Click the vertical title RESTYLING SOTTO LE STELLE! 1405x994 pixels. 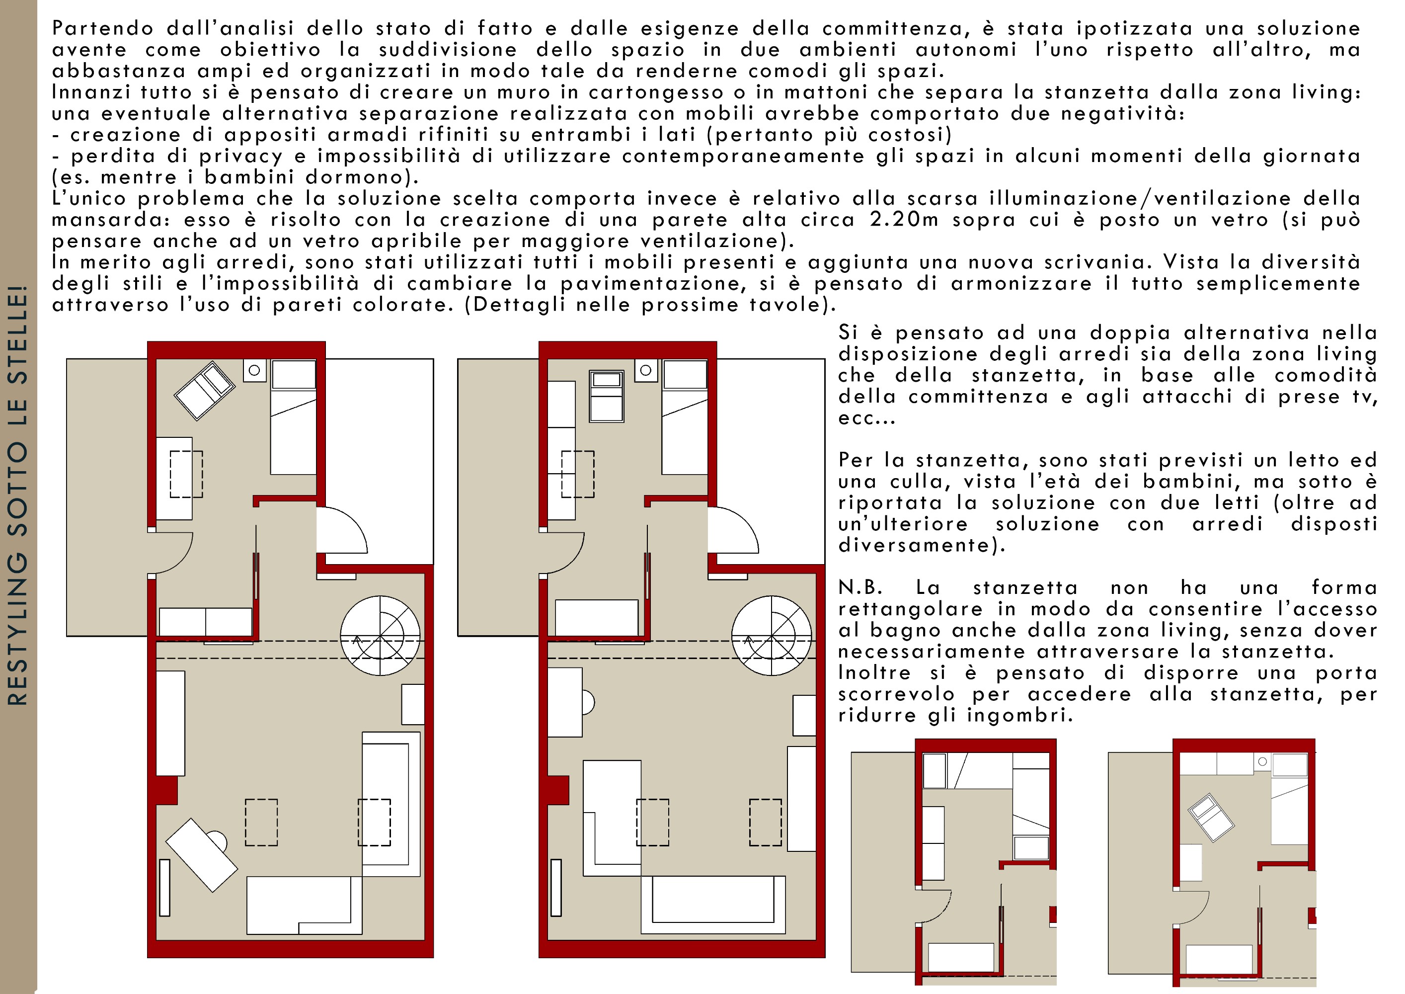click(18, 495)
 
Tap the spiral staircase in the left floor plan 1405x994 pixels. click(380, 635)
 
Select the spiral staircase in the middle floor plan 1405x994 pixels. click(771, 635)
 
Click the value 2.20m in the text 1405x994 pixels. click(904, 220)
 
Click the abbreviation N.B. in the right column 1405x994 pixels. click(860, 587)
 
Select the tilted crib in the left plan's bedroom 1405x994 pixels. click(204, 391)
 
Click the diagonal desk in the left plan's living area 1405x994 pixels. click(202, 854)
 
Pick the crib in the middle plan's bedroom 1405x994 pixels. click(607, 396)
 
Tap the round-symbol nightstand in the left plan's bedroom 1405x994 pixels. click(254, 370)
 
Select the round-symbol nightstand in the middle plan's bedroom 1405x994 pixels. click(645, 370)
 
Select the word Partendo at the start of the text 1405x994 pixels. click(103, 28)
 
